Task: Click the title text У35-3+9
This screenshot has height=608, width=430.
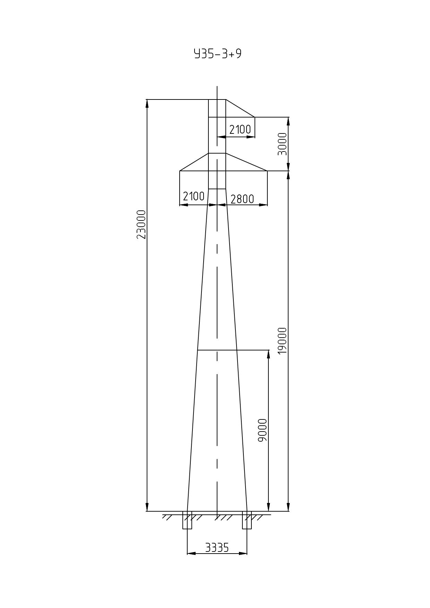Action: coord(217,54)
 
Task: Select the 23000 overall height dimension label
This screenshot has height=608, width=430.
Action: coord(141,224)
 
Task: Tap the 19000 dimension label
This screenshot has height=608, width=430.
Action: coord(283,341)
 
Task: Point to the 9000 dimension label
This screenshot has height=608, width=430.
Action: coord(263,430)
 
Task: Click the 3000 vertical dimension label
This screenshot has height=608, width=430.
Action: coord(283,144)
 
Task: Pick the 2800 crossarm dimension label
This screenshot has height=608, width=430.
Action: coord(242,199)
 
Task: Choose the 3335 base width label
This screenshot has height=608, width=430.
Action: coord(217,548)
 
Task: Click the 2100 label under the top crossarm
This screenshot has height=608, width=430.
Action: coord(240,129)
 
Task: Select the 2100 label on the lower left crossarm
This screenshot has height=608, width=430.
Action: coord(193,196)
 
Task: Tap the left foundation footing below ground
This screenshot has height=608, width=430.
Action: coord(187,520)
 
